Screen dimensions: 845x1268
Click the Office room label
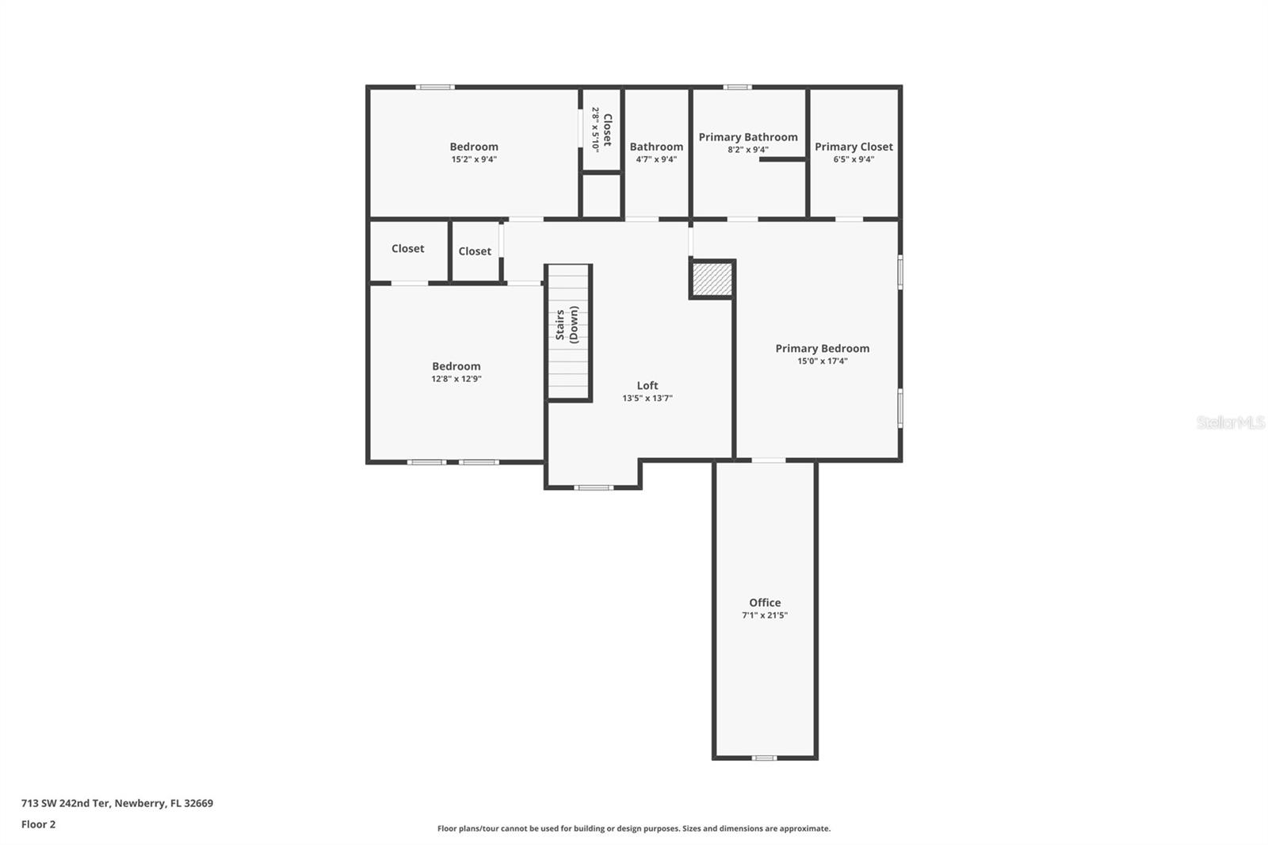pyautogui.click(x=765, y=602)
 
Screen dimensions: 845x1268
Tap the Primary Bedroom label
pyautogui.click(x=822, y=349)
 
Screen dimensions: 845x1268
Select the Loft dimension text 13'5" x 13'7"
pyautogui.click(x=647, y=399)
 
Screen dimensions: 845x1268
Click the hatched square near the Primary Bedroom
pyautogui.click(x=712, y=279)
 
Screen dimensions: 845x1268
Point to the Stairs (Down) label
pyautogui.click(x=567, y=324)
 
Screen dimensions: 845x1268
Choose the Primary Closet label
pyautogui.click(x=854, y=147)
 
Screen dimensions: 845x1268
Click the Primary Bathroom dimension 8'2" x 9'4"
pyautogui.click(x=748, y=150)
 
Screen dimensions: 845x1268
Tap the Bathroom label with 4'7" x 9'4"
pyautogui.click(x=656, y=147)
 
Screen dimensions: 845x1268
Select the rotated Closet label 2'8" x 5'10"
pyautogui.click(x=602, y=130)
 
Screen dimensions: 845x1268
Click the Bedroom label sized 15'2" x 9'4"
pyautogui.click(x=474, y=147)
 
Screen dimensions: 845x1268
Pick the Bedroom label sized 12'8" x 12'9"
pyautogui.click(x=456, y=366)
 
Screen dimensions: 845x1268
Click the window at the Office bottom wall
pyautogui.click(x=764, y=758)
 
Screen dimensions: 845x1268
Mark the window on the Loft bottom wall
pyautogui.click(x=594, y=487)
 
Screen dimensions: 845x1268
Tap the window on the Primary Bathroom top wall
pyautogui.click(x=737, y=87)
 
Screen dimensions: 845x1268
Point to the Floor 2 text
pyautogui.click(x=38, y=824)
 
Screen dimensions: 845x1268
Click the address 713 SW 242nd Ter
pyautogui.click(x=116, y=803)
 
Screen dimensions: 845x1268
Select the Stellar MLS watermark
pyautogui.click(x=1230, y=422)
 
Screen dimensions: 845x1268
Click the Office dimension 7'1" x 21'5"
pyautogui.click(x=765, y=615)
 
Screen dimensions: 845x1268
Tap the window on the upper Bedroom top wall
pyautogui.click(x=435, y=87)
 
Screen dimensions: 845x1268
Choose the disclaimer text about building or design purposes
pyautogui.click(x=634, y=828)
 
